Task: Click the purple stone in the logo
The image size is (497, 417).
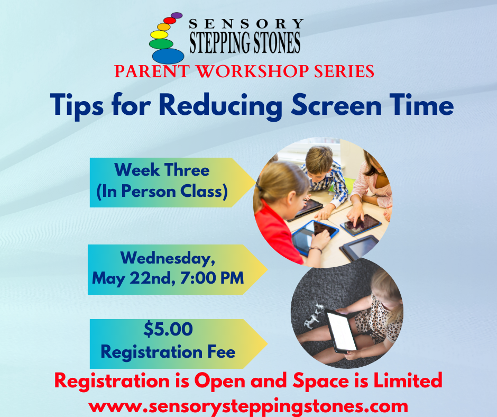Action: (177, 15)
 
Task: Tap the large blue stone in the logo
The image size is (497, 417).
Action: (168, 56)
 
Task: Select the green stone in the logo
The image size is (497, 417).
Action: (161, 44)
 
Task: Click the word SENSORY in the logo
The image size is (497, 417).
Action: (246, 24)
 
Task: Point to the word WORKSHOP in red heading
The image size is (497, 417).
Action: (253, 71)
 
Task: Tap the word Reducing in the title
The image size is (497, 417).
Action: (220, 106)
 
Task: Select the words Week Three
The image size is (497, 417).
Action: (162, 170)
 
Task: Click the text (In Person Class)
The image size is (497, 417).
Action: (162, 192)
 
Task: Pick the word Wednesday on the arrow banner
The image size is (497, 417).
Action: (168, 258)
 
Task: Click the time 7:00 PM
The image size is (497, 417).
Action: (212, 278)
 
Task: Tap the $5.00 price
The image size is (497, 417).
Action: (168, 329)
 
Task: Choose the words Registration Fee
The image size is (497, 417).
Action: (168, 352)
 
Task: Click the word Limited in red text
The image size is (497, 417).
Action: (408, 380)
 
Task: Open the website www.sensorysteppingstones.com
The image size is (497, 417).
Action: (248, 406)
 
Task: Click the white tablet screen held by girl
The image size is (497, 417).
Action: (342, 331)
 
